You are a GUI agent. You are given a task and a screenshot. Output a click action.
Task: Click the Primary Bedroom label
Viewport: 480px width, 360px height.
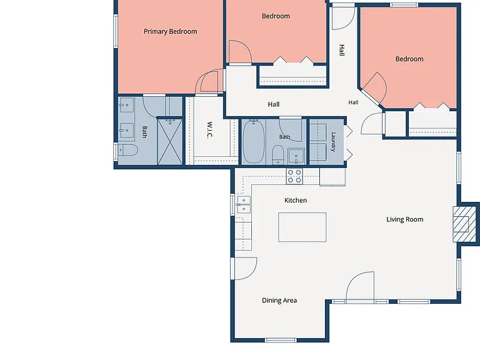click(171, 31)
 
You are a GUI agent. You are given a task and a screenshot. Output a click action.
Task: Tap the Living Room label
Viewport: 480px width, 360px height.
click(405, 219)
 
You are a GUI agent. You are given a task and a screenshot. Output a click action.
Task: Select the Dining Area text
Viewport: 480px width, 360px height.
click(279, 300)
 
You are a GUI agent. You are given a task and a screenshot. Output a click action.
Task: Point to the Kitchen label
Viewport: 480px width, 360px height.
click(296, 200)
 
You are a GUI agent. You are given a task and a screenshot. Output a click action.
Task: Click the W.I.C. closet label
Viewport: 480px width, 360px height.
click(210, 130)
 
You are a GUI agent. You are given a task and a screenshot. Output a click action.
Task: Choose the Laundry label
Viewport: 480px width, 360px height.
click(333, 142)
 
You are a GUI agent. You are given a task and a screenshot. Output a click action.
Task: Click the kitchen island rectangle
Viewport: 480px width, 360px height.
click(302, 227)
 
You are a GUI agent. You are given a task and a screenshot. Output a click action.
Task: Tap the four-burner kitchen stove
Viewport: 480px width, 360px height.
click(294, 176)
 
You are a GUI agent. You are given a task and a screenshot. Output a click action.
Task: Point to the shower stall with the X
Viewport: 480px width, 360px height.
click(170, 142)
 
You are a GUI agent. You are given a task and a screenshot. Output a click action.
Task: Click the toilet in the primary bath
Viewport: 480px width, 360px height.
click(128, 150)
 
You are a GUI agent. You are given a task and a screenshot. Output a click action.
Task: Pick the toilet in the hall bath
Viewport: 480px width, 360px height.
click(278, 155)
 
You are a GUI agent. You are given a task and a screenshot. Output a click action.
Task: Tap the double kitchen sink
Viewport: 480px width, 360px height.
click(244, 205)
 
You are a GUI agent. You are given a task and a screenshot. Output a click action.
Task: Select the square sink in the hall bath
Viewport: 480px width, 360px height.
click(296, 156)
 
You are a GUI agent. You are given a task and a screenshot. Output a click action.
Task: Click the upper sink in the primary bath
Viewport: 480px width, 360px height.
click(126, 105)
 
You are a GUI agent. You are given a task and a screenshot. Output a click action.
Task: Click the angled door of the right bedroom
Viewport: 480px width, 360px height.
click(374, 88)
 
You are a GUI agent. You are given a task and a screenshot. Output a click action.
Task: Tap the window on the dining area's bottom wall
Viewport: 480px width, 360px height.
click(281, 340)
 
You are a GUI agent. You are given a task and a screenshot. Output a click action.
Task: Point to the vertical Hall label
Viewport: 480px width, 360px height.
click(342, 50)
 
